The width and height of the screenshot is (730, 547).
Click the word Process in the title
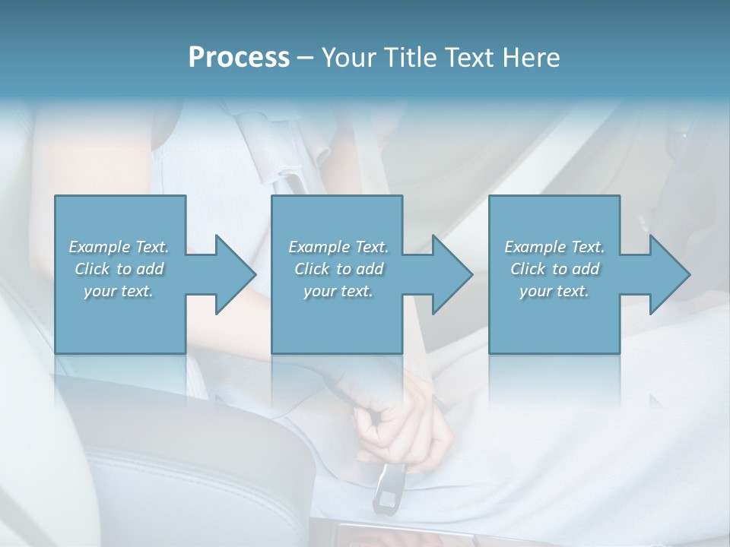pos(239,58)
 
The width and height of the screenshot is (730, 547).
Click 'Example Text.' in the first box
pos(119,247)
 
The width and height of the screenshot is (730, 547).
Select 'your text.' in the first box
pos(119,291)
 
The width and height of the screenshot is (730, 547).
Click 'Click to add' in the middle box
pos(338,269)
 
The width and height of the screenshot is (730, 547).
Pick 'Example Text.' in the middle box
pos(338,247)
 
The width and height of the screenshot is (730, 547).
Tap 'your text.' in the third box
pos(554,291)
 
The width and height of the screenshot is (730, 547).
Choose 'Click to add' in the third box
pos(554,269)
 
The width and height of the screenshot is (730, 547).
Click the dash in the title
pos(306,58)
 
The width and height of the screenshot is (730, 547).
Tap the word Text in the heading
pos(465,58)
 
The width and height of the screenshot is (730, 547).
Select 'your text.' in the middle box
pos(338,291)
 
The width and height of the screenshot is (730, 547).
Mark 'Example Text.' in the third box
pos(554,247)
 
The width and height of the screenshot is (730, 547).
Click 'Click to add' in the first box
pos(119,269)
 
